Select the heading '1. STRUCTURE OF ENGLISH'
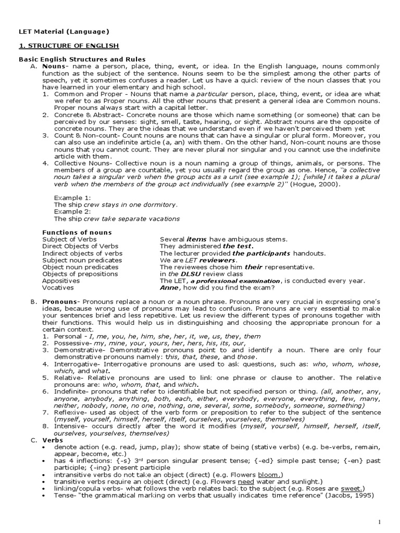[x=69, y=46]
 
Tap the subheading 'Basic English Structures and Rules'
[x=82, y=59]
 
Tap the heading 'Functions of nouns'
[x=77, y=232]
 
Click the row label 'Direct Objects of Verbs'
[x=80, y=246]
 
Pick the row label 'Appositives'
[x=61, y=281]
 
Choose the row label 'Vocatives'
[x=58, y=287]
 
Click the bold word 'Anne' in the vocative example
[x=169, y=287]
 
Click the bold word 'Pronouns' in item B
[x=59, y=302]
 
